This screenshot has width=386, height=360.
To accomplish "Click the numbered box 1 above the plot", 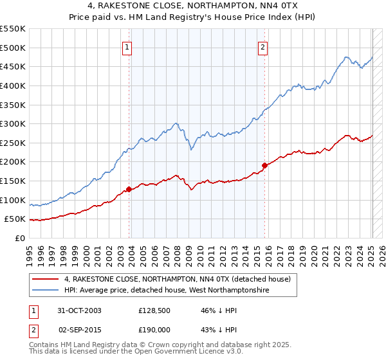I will click(127, 46).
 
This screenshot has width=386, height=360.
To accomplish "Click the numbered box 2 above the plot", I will click(264, 46).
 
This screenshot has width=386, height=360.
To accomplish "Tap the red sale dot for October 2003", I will click(129, 189).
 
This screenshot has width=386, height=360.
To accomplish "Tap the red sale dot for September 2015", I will click(264, 165).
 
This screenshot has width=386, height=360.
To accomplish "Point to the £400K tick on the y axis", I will click(14, 85).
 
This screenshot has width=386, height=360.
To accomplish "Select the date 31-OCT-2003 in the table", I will click(79, 310).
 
